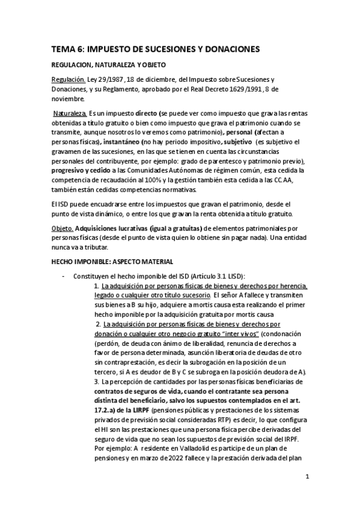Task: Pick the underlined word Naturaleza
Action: (x=70, y=113)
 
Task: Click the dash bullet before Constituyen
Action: (x=63, y=276)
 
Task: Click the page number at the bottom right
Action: (x=307, y=477)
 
